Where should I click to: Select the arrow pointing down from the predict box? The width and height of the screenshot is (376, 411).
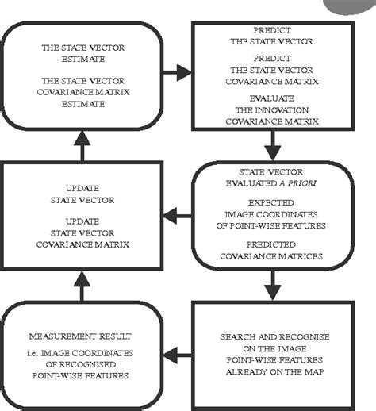coord(272,144)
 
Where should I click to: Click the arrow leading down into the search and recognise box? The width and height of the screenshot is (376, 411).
coord(272,283)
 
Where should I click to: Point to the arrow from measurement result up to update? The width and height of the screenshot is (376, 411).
coord(83,284)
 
